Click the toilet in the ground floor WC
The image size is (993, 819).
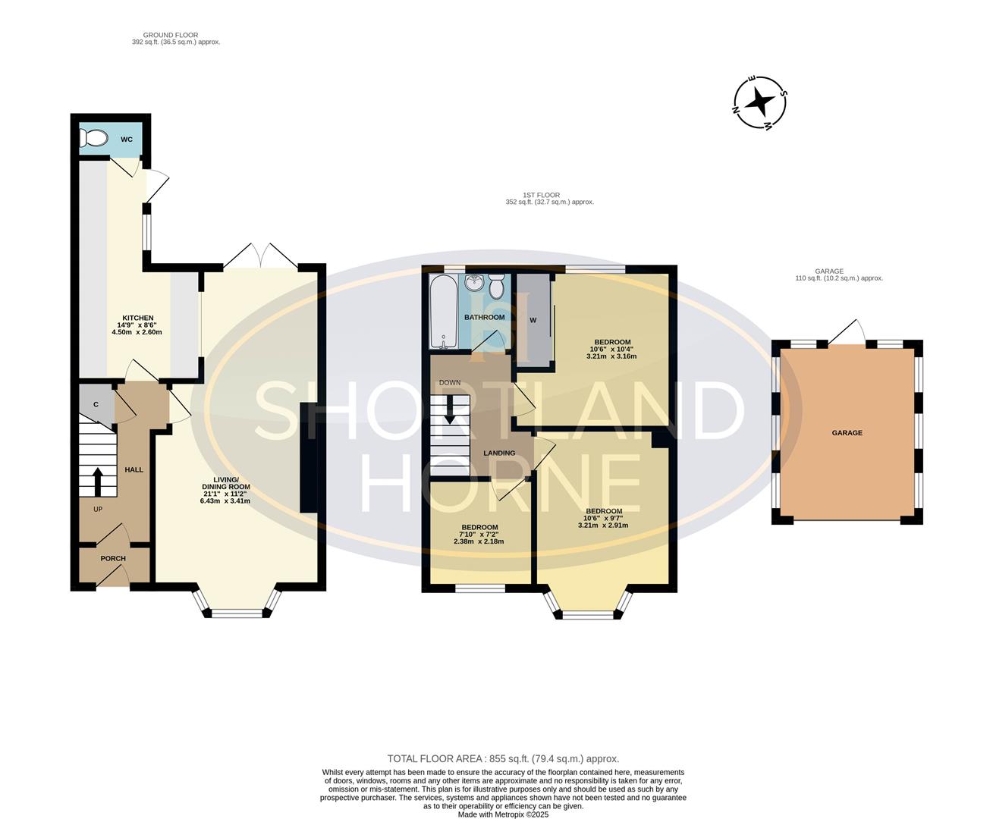click(93, 139)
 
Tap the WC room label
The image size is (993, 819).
click(127, 140)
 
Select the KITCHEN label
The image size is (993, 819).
click(138, 318)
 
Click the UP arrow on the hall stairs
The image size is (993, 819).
click(98, 482)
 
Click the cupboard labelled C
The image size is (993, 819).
click(96, 404)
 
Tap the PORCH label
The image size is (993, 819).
click(113, 559)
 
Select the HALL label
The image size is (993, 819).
click(134, 469)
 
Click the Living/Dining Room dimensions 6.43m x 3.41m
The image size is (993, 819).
click(225, 500)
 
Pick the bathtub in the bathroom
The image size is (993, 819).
click(444, 312)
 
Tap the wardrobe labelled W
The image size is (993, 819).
click(533, 320)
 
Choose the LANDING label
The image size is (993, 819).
click(499, 453)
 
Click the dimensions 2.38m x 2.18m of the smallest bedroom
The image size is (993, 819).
click(479, 541)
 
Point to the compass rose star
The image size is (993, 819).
click(759, 102)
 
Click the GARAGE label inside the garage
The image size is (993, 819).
click(847, 433)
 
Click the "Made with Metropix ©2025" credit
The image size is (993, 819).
click(503, 814)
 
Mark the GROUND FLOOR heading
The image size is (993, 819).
click(171, 35)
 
